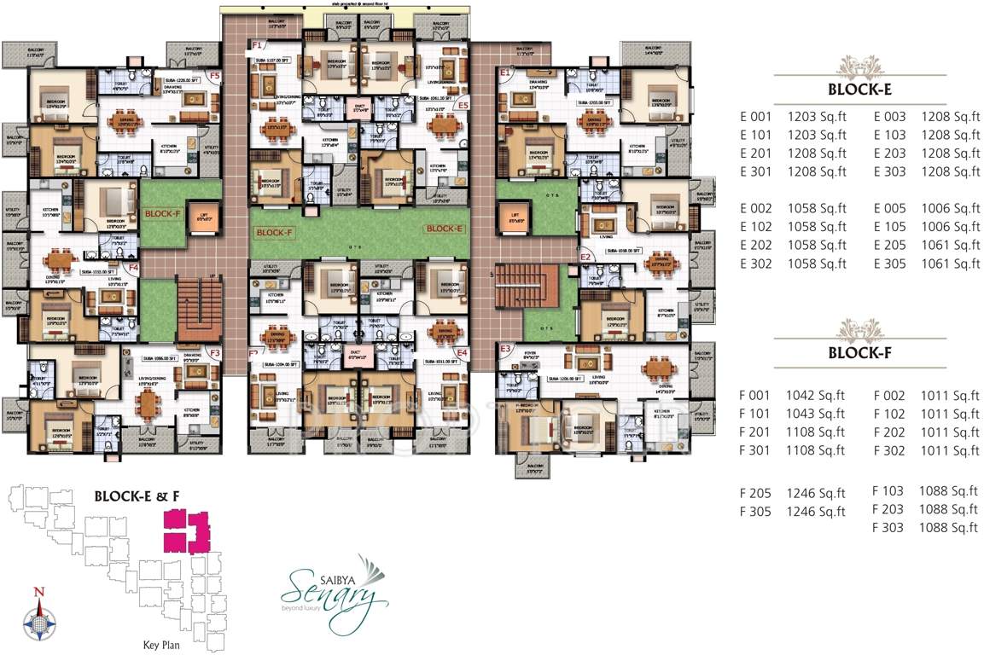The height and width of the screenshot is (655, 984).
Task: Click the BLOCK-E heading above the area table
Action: pyautogui.click(x=860, y=90)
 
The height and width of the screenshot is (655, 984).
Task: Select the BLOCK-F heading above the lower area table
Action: pyautogui.click(x=860, y=352)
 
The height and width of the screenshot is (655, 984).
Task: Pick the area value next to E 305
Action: pyautogui.click(x=951, y=264)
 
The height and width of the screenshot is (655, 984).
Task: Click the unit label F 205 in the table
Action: pyautogui.click(x=755, y=493)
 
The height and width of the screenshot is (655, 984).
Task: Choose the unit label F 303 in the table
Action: pyautogui.click(x=888, y=528)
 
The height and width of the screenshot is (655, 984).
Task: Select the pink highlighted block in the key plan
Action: pyautogui.click(x=186, y=530)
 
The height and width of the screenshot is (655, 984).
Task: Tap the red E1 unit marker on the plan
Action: pyautogui.click(x=505, y=74)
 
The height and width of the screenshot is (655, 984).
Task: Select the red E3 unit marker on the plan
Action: pyautogui.click(x=505, y=349)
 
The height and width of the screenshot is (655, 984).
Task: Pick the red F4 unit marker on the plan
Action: pyautogui.click(x=133, y=267)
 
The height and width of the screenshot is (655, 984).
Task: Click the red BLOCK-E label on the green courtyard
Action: pyautogui.click(x=444, y=229)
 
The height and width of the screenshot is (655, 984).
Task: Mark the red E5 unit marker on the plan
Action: pyautogui.click(x=463, y=105)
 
